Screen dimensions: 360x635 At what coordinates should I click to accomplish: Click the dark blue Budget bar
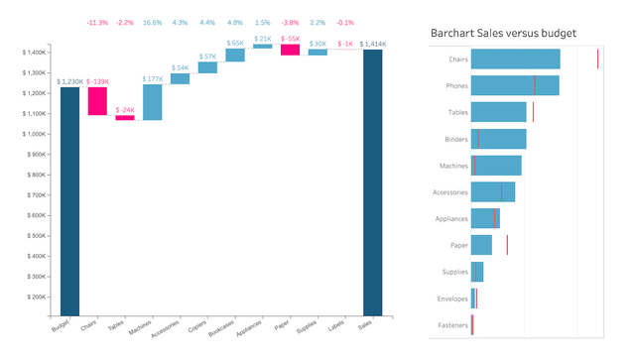(69, 202)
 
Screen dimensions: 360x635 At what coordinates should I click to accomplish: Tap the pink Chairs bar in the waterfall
(97, 101)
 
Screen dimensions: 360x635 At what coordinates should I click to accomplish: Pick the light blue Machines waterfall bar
(152, 102)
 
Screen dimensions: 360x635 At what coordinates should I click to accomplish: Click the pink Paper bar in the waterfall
(290, 50)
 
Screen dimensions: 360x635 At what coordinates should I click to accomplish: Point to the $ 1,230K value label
(69, 81)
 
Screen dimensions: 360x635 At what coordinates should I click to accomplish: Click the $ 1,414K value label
(375, 44)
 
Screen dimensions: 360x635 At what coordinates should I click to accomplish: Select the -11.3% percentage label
(97, 22)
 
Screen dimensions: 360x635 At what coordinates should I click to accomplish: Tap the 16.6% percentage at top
(152, 22)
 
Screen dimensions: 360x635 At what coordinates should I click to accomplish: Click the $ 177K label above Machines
(152, 78)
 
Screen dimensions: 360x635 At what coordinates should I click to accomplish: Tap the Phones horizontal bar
(514, 85)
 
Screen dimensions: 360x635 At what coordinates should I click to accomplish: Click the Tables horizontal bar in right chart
(498, 112)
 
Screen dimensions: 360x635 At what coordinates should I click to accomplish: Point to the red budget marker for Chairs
(597, 60)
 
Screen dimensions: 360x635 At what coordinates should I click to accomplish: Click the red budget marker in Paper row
(507, 244)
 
